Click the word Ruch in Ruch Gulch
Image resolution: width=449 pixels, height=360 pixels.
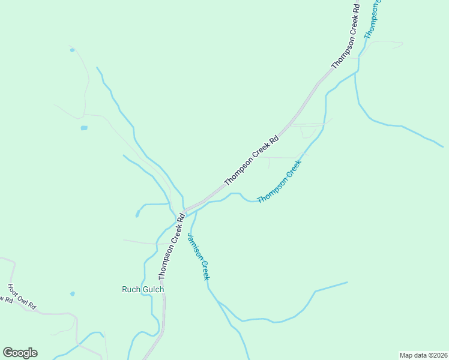coord(131,289)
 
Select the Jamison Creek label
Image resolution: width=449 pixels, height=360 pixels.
coord(198,256)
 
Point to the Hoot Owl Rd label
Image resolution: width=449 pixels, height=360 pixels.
coord(22,297)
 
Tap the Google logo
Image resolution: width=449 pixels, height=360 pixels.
coord(20,353)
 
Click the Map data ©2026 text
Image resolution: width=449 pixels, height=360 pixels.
coord(423,355)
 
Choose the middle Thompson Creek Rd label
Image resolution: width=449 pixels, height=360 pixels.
coord(252,159)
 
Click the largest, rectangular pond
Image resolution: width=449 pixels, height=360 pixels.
coord(84,128)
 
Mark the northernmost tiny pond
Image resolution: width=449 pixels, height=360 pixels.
coord(72,50)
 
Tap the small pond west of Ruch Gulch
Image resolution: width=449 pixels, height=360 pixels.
coord(72,293)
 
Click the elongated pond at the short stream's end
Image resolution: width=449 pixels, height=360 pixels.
coord(137,213)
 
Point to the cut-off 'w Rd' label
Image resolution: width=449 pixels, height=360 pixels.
coord(5,299)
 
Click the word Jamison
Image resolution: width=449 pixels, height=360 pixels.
coord(193,246)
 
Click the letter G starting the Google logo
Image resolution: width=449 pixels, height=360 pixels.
coord(8,353)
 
